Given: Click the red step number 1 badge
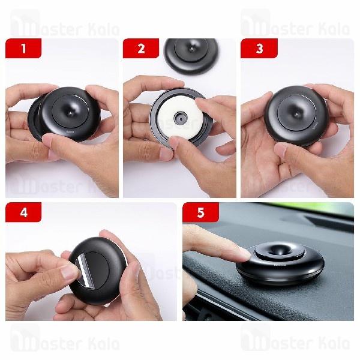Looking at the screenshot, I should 23,49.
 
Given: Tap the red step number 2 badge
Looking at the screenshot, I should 141,49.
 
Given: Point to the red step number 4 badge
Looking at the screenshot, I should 23,212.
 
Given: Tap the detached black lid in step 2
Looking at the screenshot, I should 190,53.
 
